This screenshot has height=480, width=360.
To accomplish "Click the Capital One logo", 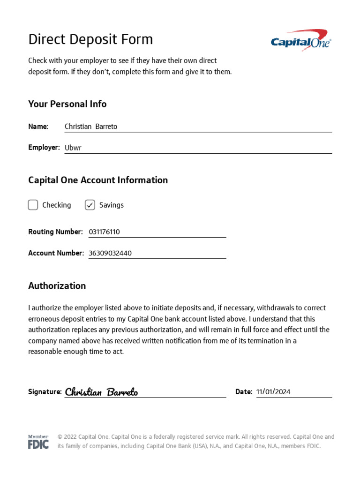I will pyautogui.click(x=301, y=40).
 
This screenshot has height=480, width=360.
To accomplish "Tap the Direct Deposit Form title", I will pyautogui.click(x=90, y=39).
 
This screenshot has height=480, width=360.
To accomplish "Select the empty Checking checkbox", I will pyautogui.click(x=33, y=205).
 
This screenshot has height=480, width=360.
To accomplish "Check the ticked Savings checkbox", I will pyautogui.click(x=90, y=205).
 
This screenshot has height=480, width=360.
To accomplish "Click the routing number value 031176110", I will pyautogui.click(x=104, y=232).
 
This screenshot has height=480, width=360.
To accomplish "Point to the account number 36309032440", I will pyautogui.click(x=110, y=253).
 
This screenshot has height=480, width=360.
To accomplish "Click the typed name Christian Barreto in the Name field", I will pyautogui.click(x=91, y=127).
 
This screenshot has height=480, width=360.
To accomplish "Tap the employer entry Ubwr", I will pyautogui.click(x=73, y=148).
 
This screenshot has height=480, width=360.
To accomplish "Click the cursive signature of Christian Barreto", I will pyautogui.click(x=101, y=392).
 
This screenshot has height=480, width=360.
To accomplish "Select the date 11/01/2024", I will pyautogui.click(x=273, y=392).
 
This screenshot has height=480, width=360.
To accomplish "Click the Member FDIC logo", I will pyautogui.click(x=38, y=442).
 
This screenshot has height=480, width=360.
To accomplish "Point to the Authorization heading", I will pyautogui.click(x=57, y=286).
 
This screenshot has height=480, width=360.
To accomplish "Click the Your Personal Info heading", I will pyautogui.click(x=67, y=104).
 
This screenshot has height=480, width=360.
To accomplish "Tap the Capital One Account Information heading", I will pyautogui.click(x=98, y=180).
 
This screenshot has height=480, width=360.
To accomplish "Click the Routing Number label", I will pyautogui.click(x=55, y=232).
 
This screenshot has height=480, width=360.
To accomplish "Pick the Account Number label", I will pyautogui.click(x=56, y=253).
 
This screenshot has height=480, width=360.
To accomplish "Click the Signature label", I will pyautogui.click(x=45, y=392).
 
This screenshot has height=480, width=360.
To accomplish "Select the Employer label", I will pyautogui.click(x=44, y=147).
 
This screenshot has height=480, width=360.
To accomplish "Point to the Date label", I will pyautogui.click(x=243, y=392).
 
